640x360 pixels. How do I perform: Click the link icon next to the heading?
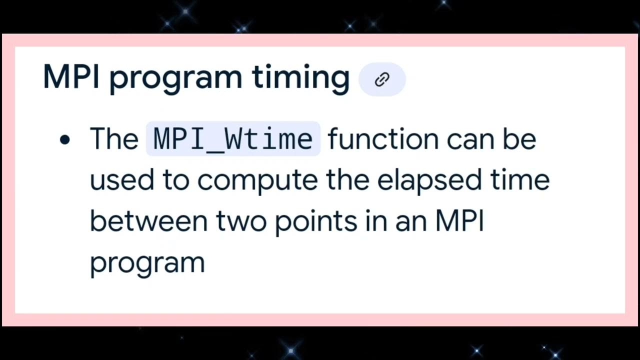[x=382, y=79]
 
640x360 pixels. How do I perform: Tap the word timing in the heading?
[x=300, y=78]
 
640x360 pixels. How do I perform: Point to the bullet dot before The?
[x=64, y=140]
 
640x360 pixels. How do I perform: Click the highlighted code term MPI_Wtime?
[x=233, y=139]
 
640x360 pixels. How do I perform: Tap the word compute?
[x=257, y=180]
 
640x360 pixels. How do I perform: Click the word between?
[x=148, y=221]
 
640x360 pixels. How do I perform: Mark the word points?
[x=316, y=221]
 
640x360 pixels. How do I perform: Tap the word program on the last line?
[x=147, y=263]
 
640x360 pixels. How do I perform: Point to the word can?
[x=468, y=138]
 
